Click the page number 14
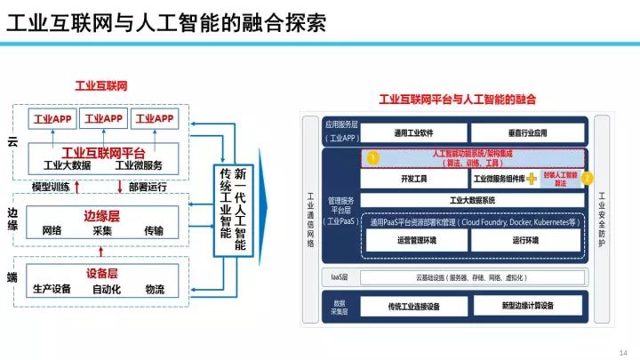622,351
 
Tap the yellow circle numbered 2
587,177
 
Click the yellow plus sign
532,179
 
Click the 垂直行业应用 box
528,132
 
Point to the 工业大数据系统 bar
472,200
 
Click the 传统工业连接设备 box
413,306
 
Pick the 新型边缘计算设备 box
528,306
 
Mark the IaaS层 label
340,277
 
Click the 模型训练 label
51,187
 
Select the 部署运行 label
148,187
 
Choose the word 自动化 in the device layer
107,289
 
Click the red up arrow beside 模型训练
76,187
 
